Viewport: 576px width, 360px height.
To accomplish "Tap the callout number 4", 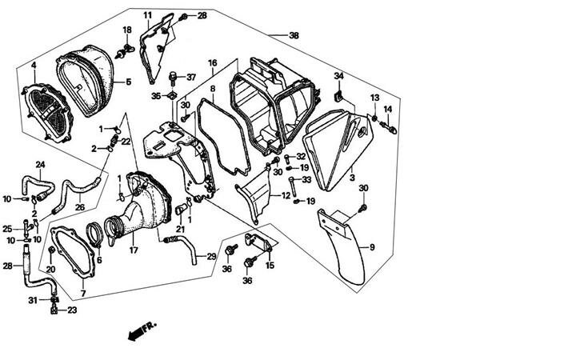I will point(34,65).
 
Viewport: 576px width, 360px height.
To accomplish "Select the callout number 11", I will point(148,15).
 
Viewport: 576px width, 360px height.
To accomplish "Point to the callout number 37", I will point(190,78).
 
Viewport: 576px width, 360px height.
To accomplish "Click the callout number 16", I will point(212,62).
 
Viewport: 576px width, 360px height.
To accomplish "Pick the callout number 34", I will point(338,76).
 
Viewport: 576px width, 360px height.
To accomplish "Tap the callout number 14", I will point(387,110).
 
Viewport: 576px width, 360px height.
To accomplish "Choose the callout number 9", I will point(370,247).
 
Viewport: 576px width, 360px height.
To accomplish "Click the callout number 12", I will point(285,194).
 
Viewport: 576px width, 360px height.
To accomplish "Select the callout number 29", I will point(211,256).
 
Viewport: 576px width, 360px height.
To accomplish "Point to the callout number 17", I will point(134,250).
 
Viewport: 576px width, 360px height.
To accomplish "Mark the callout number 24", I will point(40,165).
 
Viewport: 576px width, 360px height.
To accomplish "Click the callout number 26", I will point(80,208).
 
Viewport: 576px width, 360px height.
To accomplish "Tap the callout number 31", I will point(34,300).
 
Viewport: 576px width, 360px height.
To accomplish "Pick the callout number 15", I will point(270,265).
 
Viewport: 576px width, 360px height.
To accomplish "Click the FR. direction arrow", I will point(141,328).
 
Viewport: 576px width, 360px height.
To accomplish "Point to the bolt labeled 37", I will point(171,78).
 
